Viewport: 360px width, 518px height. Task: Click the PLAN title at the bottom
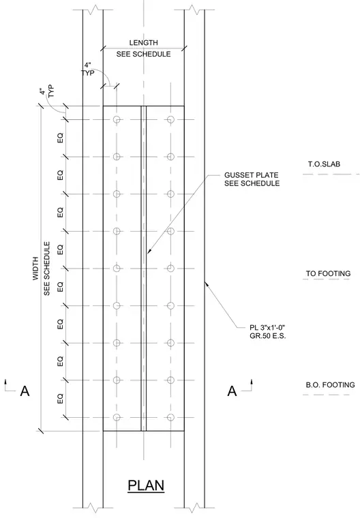(x=146, y=485)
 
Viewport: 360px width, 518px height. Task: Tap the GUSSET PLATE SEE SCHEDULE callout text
(x=252, y=179)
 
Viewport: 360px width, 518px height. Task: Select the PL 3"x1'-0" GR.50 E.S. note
(x=267, y=332)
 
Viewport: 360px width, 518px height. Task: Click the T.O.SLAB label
(x=324, y=164)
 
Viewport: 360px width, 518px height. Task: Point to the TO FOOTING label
(x=328, y=273)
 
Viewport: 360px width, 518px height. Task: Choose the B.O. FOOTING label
(x=330, y=385)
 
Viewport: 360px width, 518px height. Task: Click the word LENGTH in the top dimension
(x=143, y=43)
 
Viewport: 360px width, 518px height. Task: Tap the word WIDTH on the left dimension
(x=35, y=269)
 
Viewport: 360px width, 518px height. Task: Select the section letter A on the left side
(x=25, y=391)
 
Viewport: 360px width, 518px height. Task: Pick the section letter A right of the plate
(x=232, y=391)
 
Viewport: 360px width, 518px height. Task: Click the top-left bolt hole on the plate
(x=117, y=119)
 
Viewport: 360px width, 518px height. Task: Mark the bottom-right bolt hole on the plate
(x=170, y=417)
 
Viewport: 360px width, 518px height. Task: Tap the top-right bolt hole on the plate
(x=170, y=119)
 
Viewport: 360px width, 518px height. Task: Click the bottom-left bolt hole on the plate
(x=117, y=417)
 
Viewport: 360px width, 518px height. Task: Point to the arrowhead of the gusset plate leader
(x=149, y=252)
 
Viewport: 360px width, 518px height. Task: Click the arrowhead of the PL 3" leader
(x=206, y=283)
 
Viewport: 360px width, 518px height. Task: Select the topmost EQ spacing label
(x=60, y=138)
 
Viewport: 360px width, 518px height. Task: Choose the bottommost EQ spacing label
(x=60, y=399)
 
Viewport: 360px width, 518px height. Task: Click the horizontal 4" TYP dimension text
(x=88, y=69)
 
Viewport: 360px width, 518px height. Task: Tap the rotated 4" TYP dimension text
(x=46, y=91)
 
